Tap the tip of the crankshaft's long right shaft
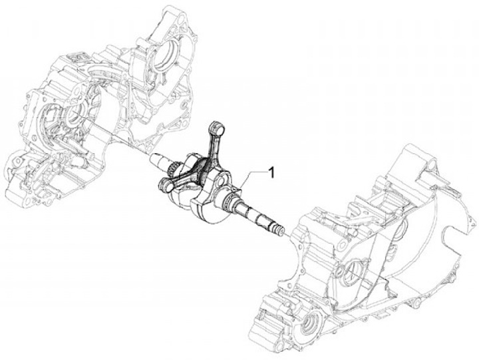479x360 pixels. click(283, 232)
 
